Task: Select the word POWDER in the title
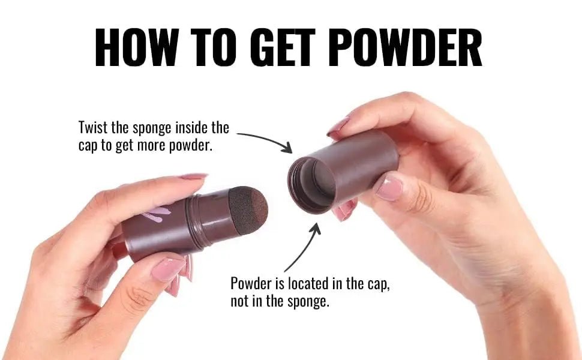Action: click(407, 47)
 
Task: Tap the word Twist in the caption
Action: click(92, 128)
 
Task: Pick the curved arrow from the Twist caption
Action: click(264, 139)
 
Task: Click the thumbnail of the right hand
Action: click(388, 187)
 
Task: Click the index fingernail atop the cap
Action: click(337, 126)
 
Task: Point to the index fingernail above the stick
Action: click(193, 176)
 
